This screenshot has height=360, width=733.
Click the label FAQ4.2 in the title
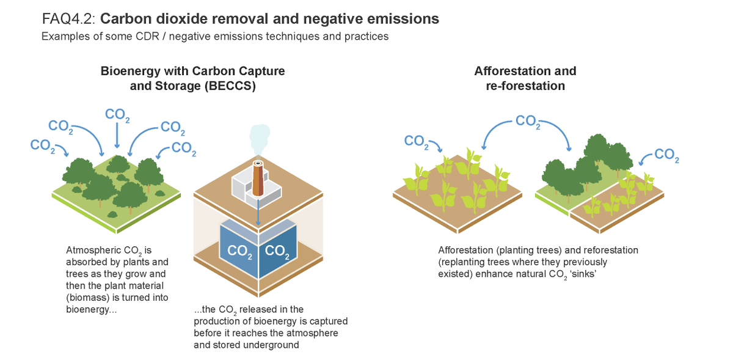(68, 19)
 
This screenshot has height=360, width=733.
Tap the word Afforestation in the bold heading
(508, 71)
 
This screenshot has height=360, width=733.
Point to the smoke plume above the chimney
(260, 139)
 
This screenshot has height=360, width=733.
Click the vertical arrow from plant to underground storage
(258, 211)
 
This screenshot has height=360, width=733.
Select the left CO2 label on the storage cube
(239, 251)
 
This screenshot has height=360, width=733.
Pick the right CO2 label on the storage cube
(277, 251)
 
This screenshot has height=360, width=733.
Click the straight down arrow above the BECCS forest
(117, 135)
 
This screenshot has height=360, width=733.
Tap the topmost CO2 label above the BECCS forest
(117, 115)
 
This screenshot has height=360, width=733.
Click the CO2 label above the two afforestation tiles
(528, 121)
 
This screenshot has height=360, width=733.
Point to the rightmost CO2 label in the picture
(666, 155)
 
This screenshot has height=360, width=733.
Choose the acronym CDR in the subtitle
(147, 36)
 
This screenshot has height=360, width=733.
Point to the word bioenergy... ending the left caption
(91, 309)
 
